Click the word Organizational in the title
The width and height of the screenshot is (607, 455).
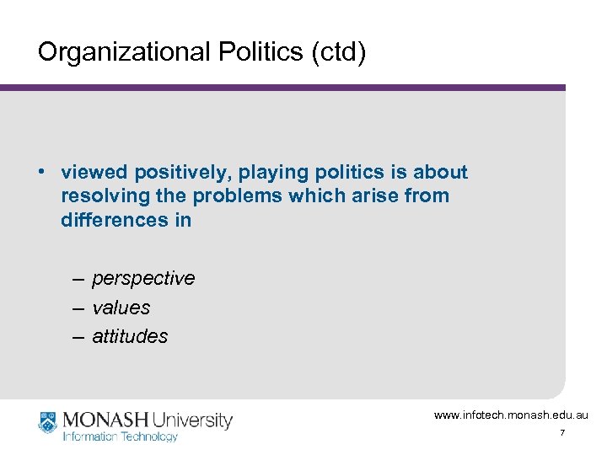coord(111,52)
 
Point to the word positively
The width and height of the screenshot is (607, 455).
coord(178,173)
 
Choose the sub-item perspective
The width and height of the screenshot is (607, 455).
coord(143,279)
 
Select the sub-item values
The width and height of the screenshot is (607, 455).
coord(121,308)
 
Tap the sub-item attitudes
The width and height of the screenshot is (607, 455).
coord(130,336)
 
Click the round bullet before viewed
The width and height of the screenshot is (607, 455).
coord(41,172)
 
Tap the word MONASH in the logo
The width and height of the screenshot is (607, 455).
coord(102,420)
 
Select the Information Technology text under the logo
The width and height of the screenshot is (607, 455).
coord(121,436)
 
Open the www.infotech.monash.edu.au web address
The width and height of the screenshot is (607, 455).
coord(512,415)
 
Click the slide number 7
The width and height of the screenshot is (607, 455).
coord(562,433)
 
